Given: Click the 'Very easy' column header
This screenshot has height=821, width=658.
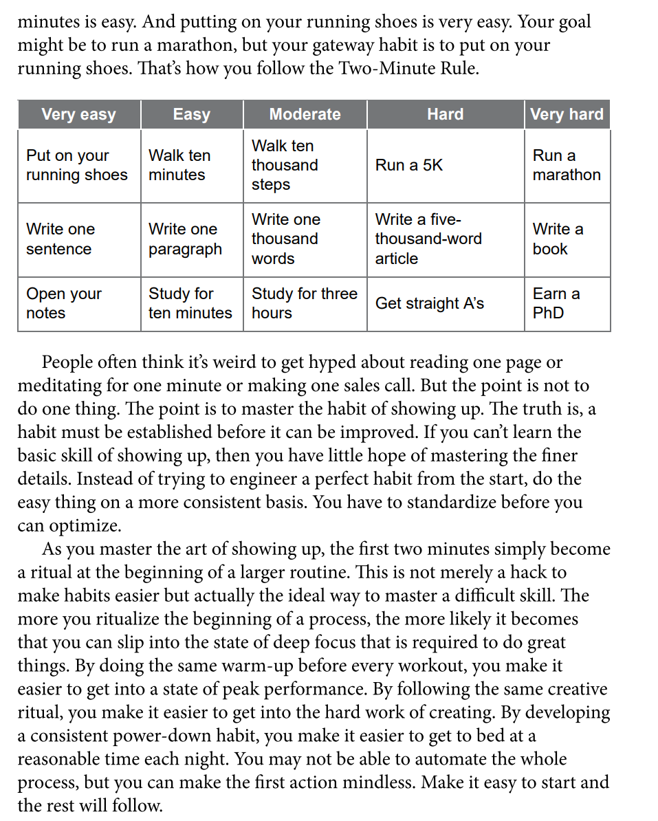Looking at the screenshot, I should tap(78, 114).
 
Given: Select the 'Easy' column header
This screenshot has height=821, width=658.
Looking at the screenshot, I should tap(191, 114).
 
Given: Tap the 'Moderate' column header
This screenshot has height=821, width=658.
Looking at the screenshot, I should tap(305, 114).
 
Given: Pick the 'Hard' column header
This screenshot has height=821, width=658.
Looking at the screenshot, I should tap(445, 114).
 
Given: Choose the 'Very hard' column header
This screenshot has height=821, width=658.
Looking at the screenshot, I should tap(567, 114).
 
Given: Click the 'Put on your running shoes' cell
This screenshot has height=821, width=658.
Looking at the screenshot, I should tap(76, 166).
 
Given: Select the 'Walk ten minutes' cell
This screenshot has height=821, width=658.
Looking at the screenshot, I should tap(179, 166).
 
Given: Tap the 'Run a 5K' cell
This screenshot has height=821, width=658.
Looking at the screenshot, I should tap(409, 166).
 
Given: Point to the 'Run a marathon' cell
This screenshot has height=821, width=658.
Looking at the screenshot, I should tap(566, 166).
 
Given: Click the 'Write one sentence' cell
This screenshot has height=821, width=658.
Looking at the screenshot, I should tap(61, 239).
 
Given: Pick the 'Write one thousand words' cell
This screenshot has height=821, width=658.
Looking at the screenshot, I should tap(285, 239).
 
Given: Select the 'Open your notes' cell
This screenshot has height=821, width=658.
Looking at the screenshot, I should tap(63, 303).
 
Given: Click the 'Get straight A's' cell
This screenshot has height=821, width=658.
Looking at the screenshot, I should tap(429, 303).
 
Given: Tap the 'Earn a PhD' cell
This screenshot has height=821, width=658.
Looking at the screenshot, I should tap(556, 303).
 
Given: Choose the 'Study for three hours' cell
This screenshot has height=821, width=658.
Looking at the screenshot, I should tap(304, 303).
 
